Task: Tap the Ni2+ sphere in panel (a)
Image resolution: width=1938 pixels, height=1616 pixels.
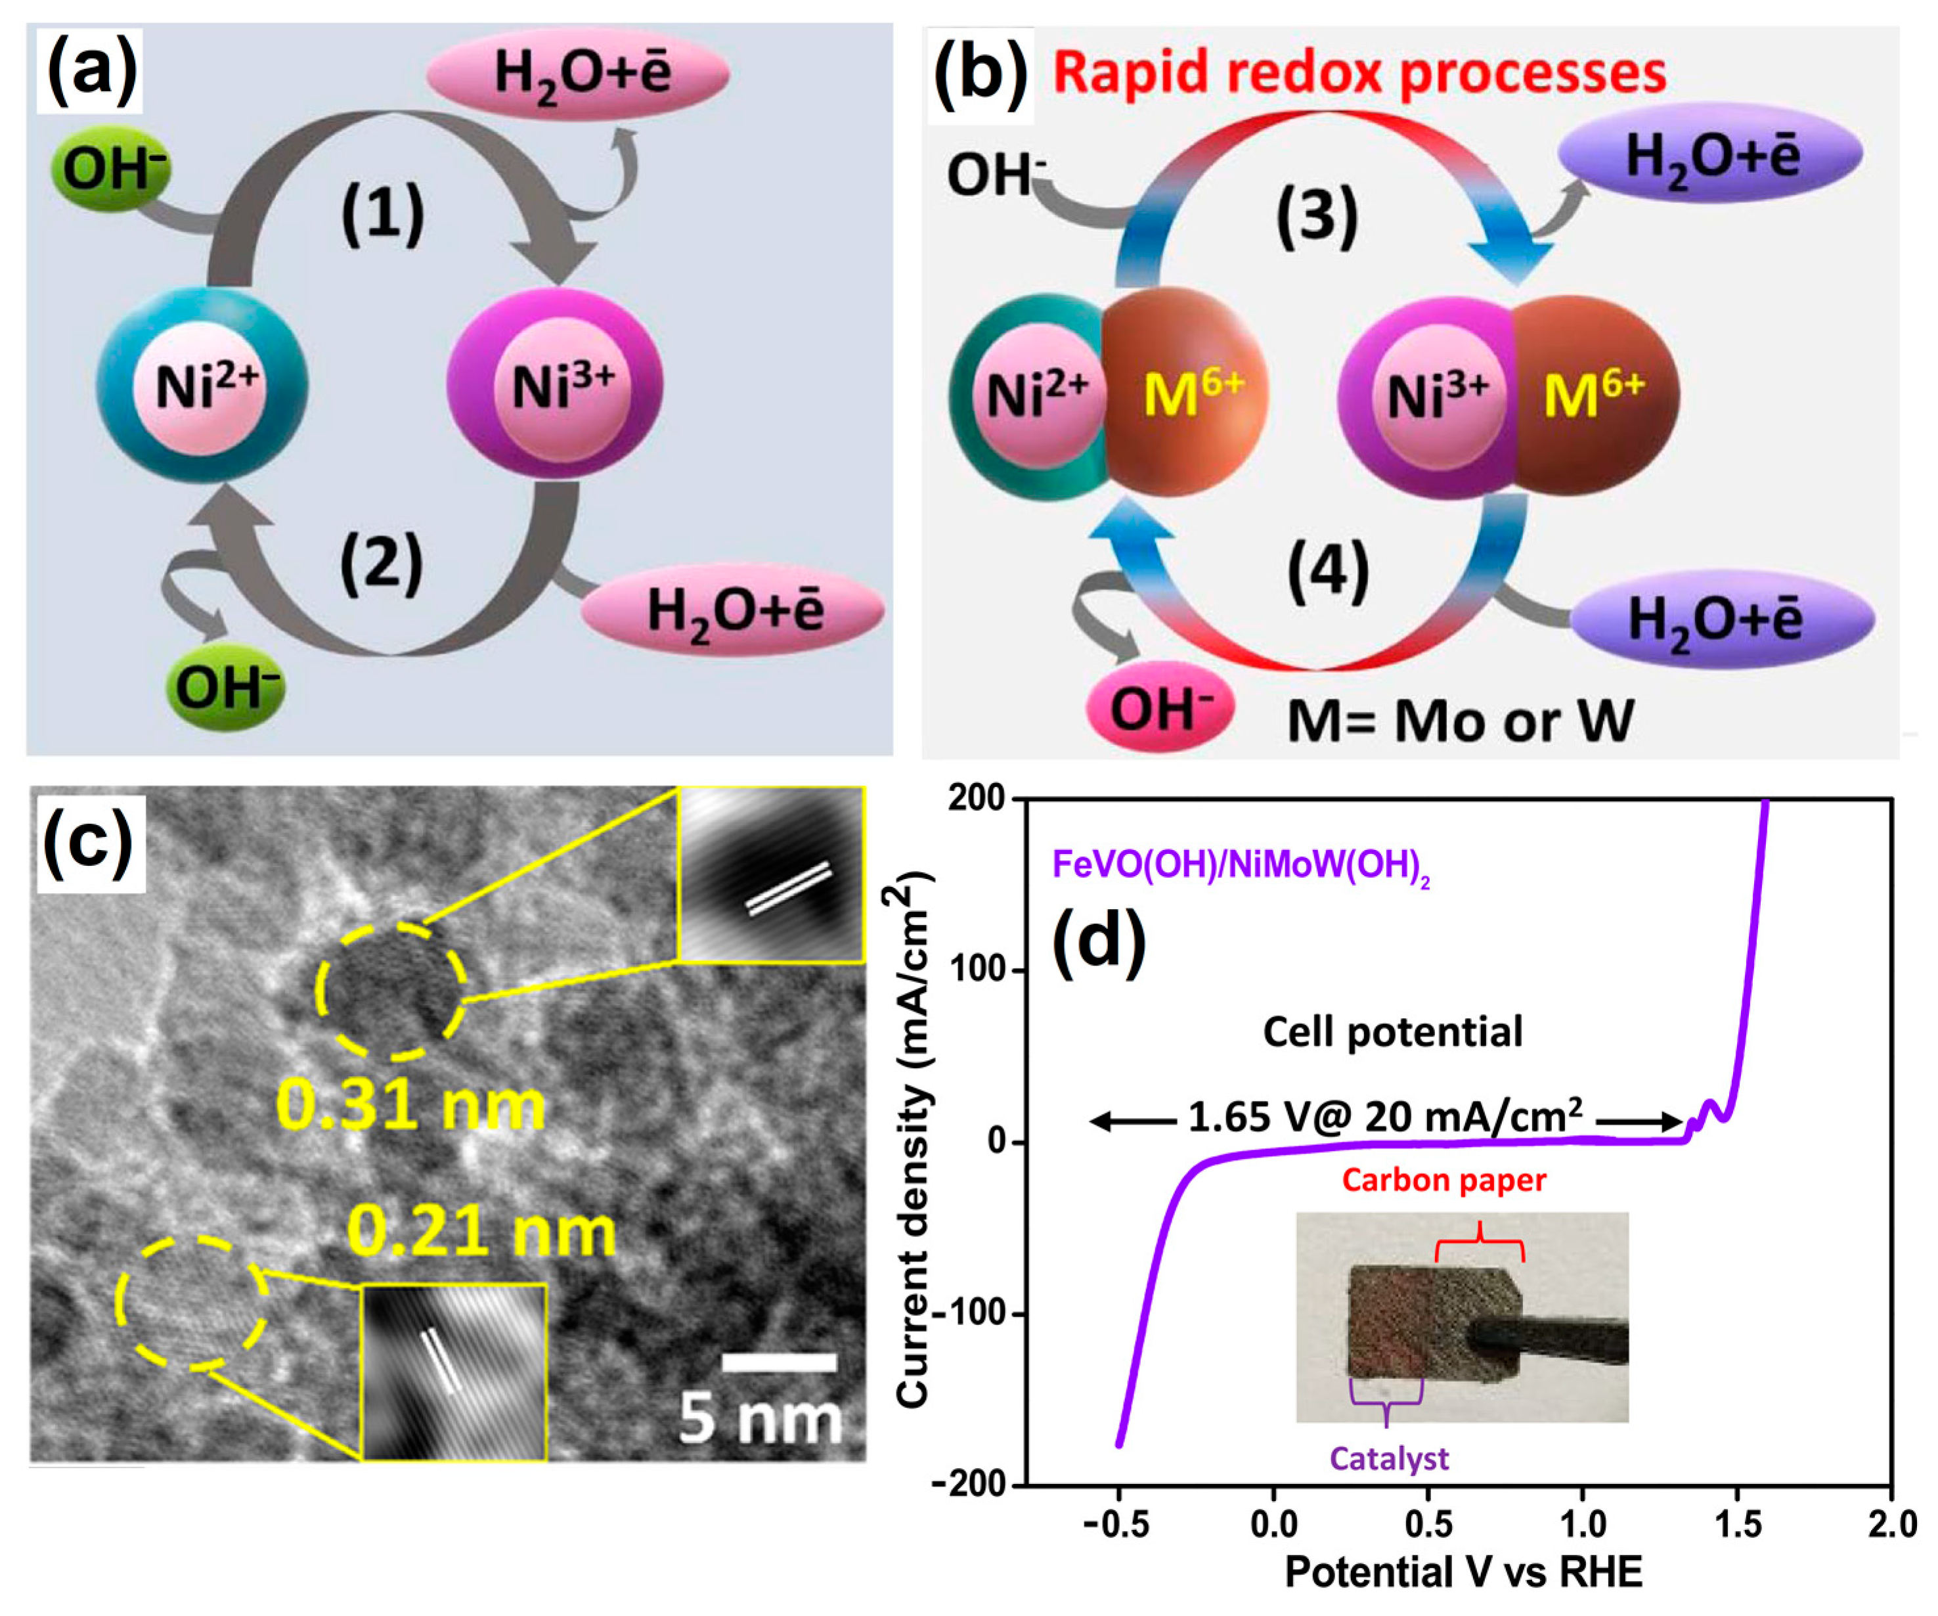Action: [x=203, y=386]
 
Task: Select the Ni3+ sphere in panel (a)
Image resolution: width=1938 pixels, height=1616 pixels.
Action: [x=556, y=384]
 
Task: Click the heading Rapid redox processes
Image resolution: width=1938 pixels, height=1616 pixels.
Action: [x=1359, y=73]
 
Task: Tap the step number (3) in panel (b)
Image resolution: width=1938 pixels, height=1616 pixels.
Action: [x=1316, y=215]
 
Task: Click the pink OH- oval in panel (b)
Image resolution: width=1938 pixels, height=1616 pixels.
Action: [x=1160, y=709]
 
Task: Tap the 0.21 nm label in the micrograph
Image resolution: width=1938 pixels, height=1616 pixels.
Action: [x=481, y=1232]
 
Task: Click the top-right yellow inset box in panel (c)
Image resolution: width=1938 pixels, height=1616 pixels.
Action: [x=772, y=874]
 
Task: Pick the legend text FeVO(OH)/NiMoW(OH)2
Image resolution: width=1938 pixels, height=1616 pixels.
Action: [x=1241, y=866]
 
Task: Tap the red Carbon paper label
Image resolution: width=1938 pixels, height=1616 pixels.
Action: [x=1443, y=1179]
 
